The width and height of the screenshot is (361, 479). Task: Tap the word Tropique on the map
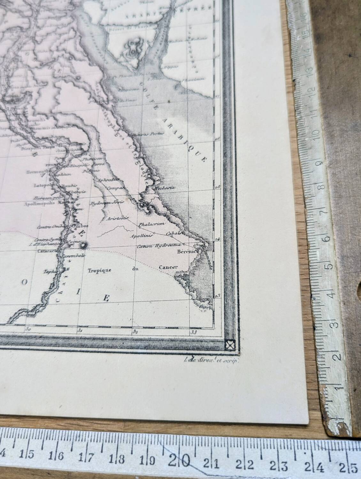(x=99, y=270)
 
